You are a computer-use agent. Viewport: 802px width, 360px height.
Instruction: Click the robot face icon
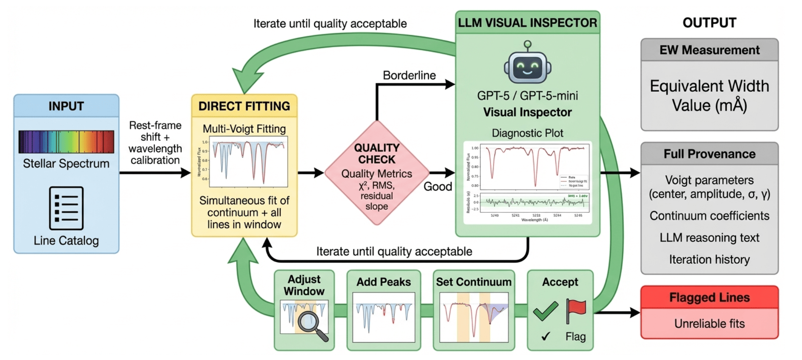527,67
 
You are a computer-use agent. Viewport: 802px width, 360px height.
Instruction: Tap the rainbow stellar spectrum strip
66,142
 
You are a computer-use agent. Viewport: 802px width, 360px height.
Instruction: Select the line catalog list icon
66,208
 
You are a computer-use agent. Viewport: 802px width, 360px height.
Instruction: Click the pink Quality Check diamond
377,173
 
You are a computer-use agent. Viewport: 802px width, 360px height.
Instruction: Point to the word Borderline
409,75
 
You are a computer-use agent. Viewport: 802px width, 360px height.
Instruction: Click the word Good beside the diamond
438,186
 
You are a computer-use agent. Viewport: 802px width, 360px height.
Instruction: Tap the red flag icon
575,310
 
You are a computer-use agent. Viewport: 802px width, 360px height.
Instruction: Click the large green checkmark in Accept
546,311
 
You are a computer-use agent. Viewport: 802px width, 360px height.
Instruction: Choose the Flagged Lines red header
709,297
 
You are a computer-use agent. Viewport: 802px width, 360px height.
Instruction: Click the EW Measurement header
709,50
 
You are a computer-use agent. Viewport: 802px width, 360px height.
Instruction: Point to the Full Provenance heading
709,154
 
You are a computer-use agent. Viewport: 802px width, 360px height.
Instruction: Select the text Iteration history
709,260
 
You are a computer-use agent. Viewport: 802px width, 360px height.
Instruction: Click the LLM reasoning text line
709,238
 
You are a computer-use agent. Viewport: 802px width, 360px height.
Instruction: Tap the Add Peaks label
383,282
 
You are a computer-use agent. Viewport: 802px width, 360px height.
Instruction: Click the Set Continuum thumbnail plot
474,317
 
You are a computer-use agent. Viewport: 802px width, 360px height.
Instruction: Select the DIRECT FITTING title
244,106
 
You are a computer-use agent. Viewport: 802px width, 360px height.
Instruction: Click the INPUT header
66,106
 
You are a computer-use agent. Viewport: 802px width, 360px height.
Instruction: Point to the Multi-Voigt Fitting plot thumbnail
248,162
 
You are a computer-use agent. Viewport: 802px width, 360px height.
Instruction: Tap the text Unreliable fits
709,323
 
